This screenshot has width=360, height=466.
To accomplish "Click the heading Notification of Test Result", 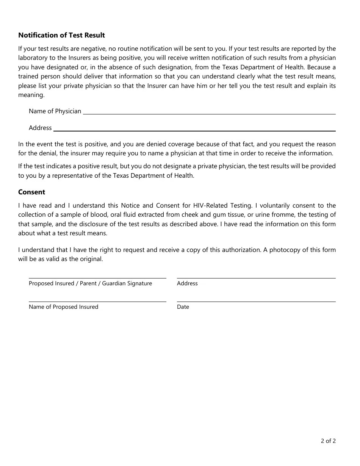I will pos(61,35).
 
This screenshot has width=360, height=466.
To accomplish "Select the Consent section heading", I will pos(31,192).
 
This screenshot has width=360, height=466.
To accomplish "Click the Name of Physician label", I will pos(55,111).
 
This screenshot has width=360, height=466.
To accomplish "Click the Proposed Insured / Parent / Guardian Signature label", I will pos(90,283).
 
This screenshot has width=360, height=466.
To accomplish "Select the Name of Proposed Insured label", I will pos(63,307).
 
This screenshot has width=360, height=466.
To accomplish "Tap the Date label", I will pos(183,307).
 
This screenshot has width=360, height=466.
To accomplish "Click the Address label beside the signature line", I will pos(187,283).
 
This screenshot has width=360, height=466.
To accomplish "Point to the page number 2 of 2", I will pos(328,441).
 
